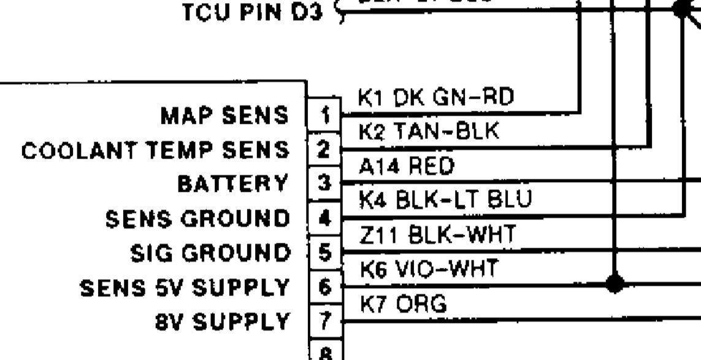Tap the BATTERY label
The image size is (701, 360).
[232, 183]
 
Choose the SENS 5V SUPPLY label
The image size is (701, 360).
[185, 286]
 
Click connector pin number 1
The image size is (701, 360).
[325, 113]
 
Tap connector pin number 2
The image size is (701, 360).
[325, 148]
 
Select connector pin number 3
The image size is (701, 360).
[325, 183]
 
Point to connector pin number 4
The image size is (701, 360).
[325, 218]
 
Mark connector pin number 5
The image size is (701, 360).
[325, 252]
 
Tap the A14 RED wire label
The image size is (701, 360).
[405, 166]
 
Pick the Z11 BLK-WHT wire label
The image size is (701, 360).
[436, 234]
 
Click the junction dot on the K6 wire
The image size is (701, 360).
[615, 283]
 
